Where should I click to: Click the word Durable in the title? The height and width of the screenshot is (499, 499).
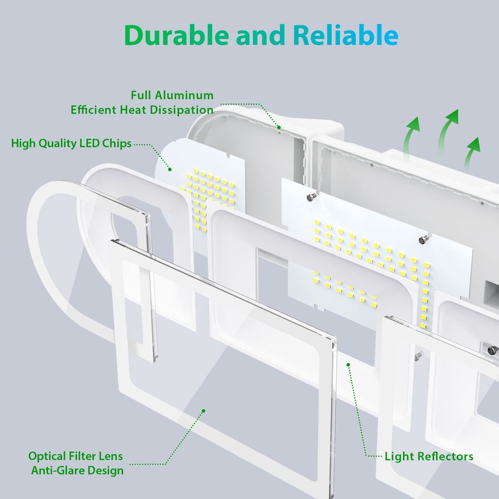[177, 35]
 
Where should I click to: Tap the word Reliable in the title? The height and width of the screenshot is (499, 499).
[346, 35]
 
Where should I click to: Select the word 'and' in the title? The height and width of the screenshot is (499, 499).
[260, 36]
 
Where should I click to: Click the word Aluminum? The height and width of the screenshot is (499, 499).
[184, 95]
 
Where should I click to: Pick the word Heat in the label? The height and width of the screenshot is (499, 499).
[133, 110]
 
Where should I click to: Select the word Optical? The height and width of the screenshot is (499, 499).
[47, 457]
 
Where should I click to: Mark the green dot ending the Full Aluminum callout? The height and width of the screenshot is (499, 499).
[279, 127]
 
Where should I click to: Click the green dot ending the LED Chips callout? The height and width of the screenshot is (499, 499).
[170, 169]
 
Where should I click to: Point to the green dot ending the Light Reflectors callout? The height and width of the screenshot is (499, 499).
[349, 365]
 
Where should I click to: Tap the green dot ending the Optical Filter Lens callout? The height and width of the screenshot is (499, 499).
[204, 411]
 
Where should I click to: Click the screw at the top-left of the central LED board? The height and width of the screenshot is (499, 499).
[311, 197]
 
